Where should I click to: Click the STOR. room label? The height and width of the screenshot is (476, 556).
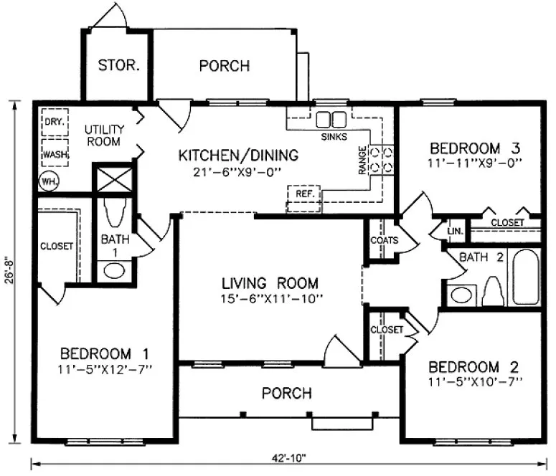[118, 66]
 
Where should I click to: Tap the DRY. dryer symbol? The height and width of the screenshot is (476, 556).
[54, 122]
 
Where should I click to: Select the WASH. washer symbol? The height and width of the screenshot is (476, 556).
[54, 153]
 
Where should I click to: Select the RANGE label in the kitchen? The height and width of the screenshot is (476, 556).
[363, 161]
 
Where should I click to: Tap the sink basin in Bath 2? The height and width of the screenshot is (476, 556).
[461, 294]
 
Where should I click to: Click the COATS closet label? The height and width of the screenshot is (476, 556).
[384, 241]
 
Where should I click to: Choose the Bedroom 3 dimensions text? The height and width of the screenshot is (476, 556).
[473, 163]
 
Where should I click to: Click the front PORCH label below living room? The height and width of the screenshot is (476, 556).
[286, 394]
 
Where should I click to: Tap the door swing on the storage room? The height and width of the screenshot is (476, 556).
[109, 16]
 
